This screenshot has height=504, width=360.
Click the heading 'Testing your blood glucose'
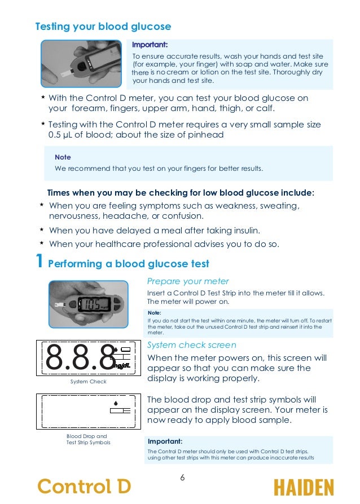pos(103,26)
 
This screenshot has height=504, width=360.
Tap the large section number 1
pos(38,262)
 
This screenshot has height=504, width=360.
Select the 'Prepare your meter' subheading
pos(187,281)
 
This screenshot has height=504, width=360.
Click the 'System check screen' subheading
pos(191,345)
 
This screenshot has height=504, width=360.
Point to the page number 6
pos(182,478)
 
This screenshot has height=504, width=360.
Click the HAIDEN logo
pos(303,487)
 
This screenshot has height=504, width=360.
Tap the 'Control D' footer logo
pos(84,486)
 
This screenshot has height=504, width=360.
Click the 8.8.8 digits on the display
pos(79,357)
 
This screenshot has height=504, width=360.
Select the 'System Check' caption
pos(88,382)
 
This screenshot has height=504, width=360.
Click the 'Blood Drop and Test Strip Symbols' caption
pos(88,439)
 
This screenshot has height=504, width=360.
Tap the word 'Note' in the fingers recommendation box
pos(63,157)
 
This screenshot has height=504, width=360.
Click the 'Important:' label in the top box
pos(150,45)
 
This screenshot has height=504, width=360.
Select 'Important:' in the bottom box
pos(165,441)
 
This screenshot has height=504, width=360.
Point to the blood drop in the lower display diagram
pos(115,403)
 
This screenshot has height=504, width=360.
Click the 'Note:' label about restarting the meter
pos(154,312)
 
